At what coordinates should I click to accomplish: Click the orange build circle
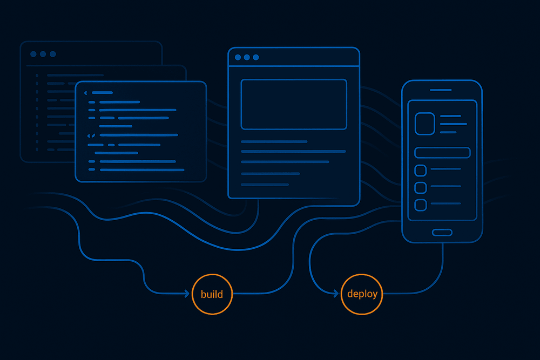[212, 294]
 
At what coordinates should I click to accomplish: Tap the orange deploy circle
[362, 294]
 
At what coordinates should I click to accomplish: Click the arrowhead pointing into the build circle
[187, 294]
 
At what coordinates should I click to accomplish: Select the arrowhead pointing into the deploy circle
[336, 294]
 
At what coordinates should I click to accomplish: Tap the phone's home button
[442, 232]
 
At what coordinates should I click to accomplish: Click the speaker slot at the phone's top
[441, 90]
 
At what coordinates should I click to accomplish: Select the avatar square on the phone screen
[424, 124]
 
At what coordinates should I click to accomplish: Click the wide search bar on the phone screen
[442, 153]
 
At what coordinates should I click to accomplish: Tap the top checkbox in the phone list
[421, 171]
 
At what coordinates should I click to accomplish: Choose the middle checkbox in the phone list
[421, 188]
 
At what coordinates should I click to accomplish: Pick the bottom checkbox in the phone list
[421, 205]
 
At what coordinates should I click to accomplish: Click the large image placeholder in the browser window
[294, 104]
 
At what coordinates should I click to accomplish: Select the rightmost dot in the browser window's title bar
[256, 57]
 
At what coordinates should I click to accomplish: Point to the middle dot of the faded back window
[43, 54]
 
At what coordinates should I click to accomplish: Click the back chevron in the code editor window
[86, 93]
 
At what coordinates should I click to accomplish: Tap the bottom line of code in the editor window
[142, 170]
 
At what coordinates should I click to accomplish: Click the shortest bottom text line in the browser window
[265, 185]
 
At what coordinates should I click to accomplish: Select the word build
[212, 294]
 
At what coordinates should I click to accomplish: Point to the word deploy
[362, 294]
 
